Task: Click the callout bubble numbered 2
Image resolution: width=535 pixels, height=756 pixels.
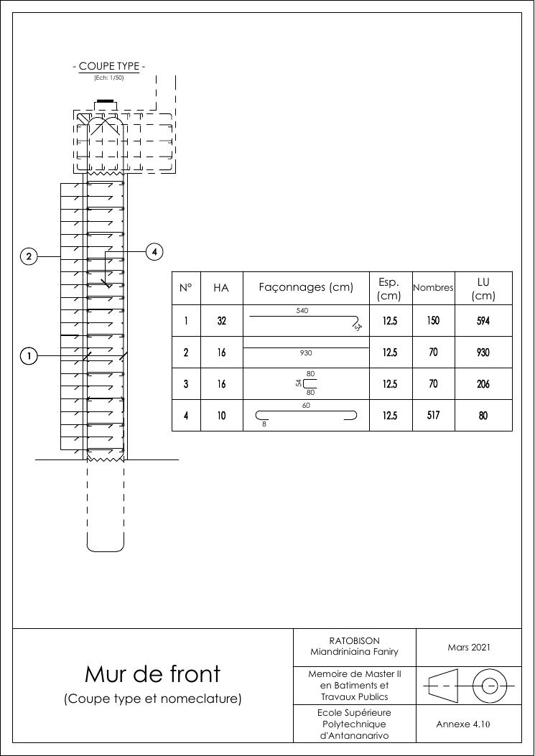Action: [x=29, y=256]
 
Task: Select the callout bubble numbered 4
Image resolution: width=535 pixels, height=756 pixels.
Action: [x=154, y=252]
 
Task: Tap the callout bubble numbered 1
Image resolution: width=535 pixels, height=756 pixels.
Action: [x=29, y=356]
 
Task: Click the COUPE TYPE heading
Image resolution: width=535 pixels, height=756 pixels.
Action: [x=109, y=67]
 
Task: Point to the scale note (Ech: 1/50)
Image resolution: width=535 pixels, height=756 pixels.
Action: [x=109, y=78]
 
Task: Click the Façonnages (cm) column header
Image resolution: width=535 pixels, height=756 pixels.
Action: [x=306, y=288]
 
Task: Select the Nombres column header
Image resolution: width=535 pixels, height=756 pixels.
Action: [x=433, y=288]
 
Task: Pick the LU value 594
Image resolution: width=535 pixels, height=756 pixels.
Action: [x=483, y=321]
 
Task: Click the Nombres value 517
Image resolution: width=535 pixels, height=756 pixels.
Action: [x=433, y=415]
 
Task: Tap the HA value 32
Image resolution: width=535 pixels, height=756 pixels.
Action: [x=221, y=321]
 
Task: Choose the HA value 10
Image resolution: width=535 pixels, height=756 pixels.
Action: [x=221, y=416]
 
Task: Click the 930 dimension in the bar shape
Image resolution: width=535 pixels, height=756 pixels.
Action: [x=306, y=353]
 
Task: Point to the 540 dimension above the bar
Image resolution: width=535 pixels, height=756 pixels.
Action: [x=303, y=311]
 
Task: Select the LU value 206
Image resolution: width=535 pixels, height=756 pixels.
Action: [x=483, y=384]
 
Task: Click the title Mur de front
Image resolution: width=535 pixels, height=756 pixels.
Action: [x=152, y=674]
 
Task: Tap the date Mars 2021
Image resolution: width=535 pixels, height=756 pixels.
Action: [x=468, y=648]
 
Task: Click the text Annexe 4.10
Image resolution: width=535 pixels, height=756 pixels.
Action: [x=463, y=724]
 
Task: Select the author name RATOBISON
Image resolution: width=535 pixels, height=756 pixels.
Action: [x=354, y=640]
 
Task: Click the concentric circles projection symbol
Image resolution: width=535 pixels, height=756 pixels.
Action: [x=490, y=686]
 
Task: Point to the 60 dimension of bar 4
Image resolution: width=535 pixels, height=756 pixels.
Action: [x=305, y=406]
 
